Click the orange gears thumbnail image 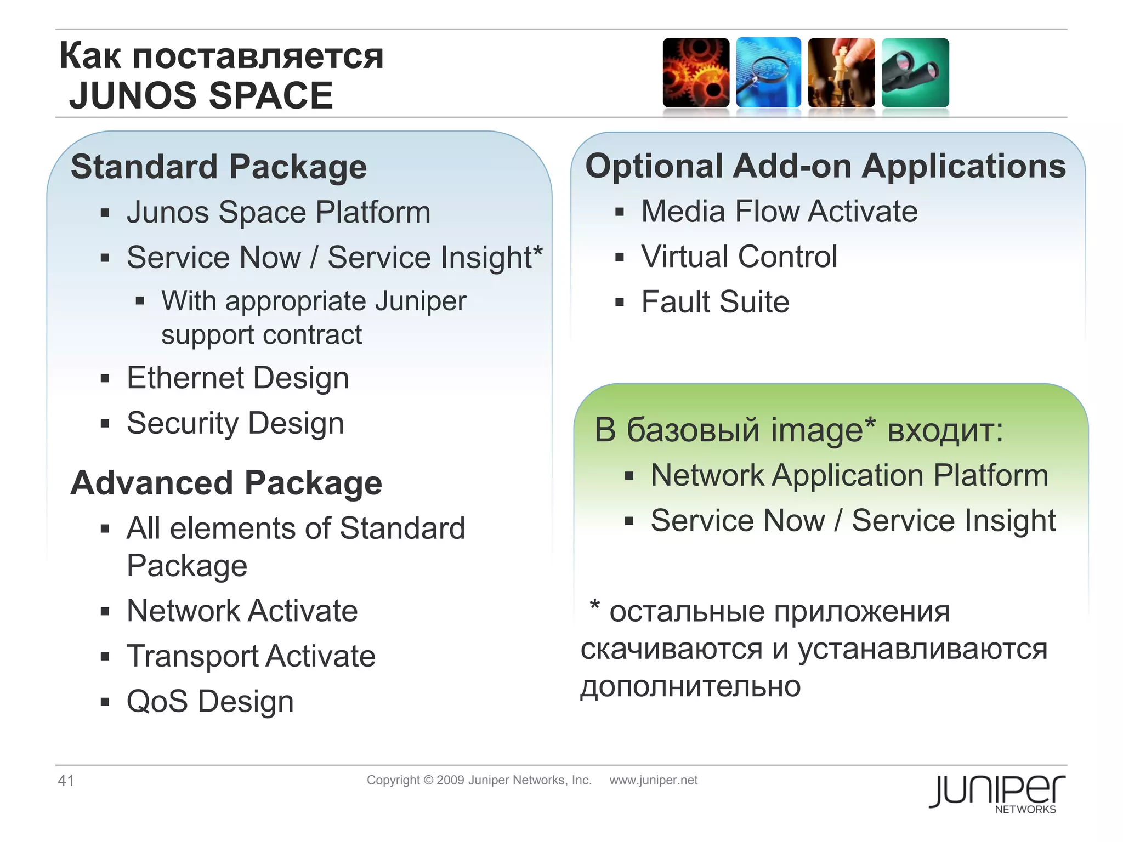tap(696, 73)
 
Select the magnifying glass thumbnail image tap(768, 73)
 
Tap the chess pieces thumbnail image tap(841, 73)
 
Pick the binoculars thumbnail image tap(915, 73)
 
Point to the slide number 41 tap(66, 780)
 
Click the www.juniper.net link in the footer tap(653, 780)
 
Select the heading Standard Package tap(219, 167)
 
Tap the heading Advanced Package tap(226, 483)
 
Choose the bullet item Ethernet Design tap(237, 378)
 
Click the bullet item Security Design tap(235, 423)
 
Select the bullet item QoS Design tap(210, 701)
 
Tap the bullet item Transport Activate tap(251, 656)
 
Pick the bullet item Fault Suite tap(715, 301)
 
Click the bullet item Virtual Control tap(739, 256)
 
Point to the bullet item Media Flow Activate tap(779, 211)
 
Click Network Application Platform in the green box tap(849, 475)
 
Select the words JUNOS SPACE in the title tap(201, 95)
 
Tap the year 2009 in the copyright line tap(450, 780)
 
